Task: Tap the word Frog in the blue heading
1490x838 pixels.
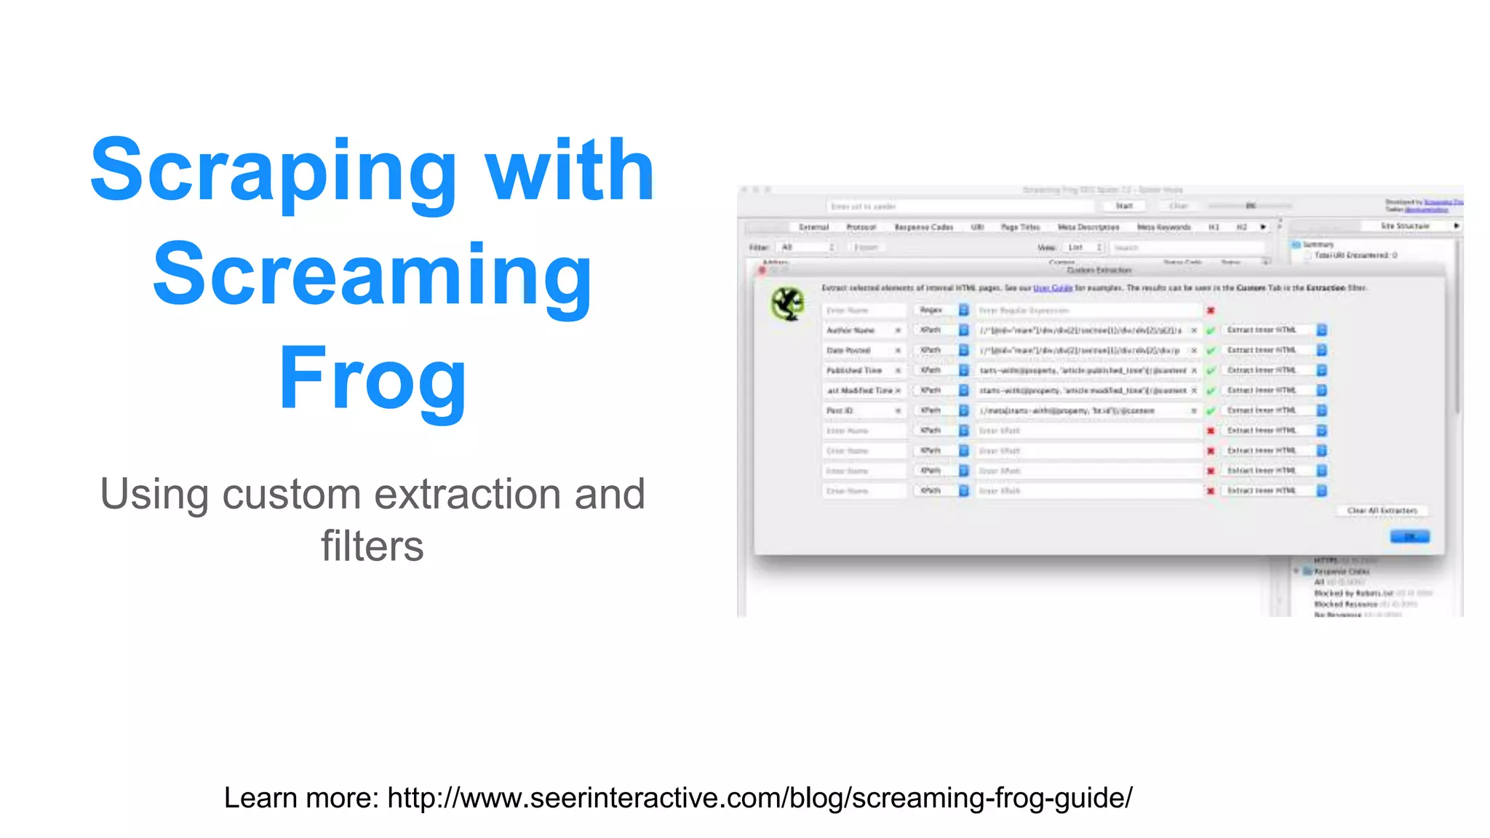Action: coord(372,378)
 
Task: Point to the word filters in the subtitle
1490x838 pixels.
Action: coord(372,546)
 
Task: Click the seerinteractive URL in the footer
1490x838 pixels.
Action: coord(760,798)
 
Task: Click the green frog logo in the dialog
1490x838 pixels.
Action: coord(787,303)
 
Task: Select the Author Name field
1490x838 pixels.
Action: coord(858,330)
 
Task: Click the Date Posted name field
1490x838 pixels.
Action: coord(858,351)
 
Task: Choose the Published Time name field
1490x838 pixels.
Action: coord(858,370)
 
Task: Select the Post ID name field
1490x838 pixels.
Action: coord(858,411)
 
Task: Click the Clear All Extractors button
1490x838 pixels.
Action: coord(1382,511)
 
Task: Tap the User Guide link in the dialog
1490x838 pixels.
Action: coord(1052,288)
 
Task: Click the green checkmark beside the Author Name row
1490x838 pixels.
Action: coord(1211,331)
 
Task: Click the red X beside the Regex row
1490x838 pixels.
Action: coord(1211,311)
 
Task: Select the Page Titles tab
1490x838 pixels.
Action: coord(1020,227)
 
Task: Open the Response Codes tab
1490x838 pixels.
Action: coord(923,227)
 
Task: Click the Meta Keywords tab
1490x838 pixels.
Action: coord(1163,227)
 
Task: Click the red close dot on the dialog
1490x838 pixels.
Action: coord(762,270)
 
